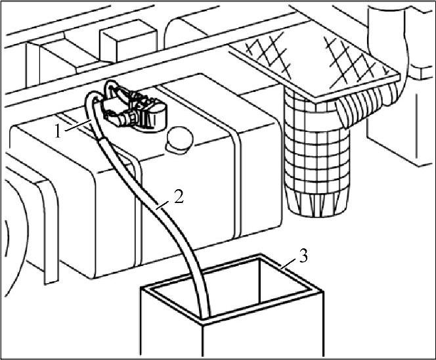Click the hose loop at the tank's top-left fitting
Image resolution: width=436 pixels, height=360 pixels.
coord(92,105)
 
